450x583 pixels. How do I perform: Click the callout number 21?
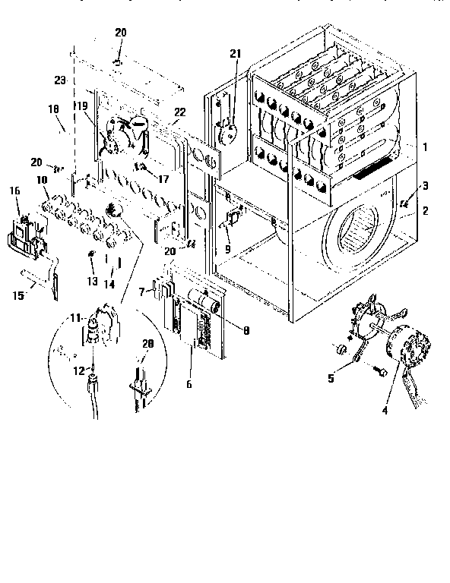235,52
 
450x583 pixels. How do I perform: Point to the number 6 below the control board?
189,384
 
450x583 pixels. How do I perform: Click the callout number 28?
147,344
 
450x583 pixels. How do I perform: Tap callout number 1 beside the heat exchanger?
426,146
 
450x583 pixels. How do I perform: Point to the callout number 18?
53,109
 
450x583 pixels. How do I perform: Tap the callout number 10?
41,181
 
